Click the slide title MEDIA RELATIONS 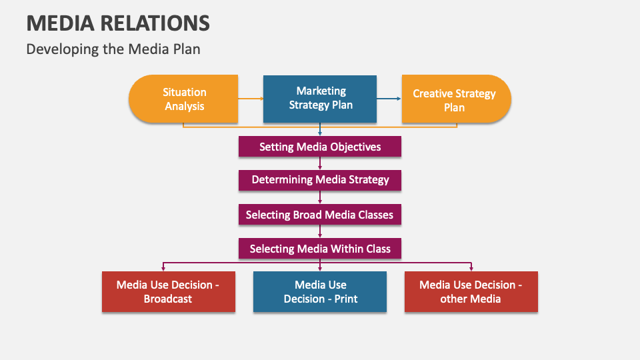pyautogui.click(x=118, y=23)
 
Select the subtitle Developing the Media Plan pyautogui.click(x=113, y=49)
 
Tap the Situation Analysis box pyautogui.click(x=183, y=99)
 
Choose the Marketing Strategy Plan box pyautogui.click(x=320, y=98)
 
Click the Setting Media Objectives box pyautogui.click(x=320, y=147)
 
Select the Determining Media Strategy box pyautogui.click(x=320, y=180)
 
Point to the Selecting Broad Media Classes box pyautogui.click(x=320, y=215)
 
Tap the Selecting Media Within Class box pyautogui.click(x=320, y=249)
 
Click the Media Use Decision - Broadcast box pyautogui.click(x=168, y=291)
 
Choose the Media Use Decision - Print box pyautogui.click(x=320, y=291)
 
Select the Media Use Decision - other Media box pyautogui.click(x=471, y=291)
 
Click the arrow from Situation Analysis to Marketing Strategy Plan pyautogui.click(x=251, y=99)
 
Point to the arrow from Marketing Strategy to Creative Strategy pyautogui.click(x=389, y=99)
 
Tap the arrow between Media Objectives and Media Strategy pyautogui.click(x=320, y=163)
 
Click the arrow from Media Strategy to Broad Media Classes pyautogui.click(x=320, y=197)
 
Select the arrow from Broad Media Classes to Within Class pyautogui.click(x=320, y=231)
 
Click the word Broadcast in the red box pyautogui.click(x=168, y=299)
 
